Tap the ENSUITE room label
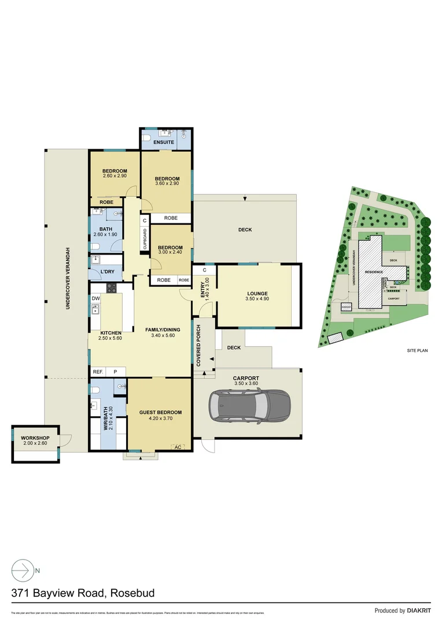click(164, 142)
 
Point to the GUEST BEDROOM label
click(160, 413)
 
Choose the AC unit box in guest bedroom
click(178, 447)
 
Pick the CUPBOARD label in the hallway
click(144, 239)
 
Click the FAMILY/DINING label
click(161, 329)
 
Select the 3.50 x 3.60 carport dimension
click(246, 384)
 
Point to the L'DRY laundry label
click(107, 271)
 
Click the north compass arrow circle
click(21, 571)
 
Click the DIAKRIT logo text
click(417, 611)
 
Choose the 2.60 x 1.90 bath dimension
click(105, 234)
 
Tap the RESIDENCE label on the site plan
click(373, 271)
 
